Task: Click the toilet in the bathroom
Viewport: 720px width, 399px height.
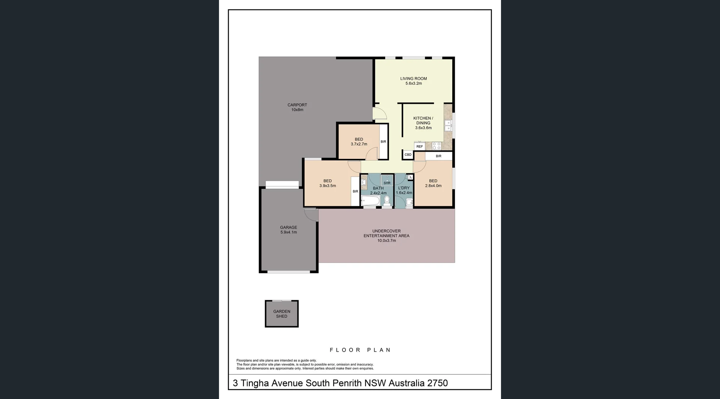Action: tap(387, 201)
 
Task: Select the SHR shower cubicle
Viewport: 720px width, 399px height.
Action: tap(387, 181)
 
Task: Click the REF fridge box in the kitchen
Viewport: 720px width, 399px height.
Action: tap(420, 146)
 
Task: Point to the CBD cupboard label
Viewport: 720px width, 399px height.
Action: tap(408, 155)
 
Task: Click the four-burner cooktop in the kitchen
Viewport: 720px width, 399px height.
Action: tap(436, 146)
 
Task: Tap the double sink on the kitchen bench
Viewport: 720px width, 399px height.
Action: tap(448, 126)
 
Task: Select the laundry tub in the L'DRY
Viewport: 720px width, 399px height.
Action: tap(409, 202)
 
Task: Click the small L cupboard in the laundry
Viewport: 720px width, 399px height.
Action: tap(411, 177)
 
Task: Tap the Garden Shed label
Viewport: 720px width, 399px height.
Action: tap(282, 314)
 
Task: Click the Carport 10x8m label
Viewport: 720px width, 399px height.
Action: tap(297, 107)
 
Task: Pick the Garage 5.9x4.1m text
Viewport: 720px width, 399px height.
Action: tap(288, 230)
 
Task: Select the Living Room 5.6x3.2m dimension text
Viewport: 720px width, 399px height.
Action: tap(413, 83)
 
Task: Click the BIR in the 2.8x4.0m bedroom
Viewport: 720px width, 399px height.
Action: tap(438, 156)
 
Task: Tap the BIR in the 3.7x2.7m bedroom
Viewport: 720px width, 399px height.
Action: tap(383, 142)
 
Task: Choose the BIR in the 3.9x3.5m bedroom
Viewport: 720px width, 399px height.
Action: tap(355, 191)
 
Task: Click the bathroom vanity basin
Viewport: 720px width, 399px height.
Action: tap(364, 182)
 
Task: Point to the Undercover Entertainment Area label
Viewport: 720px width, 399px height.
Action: tap(386, 235)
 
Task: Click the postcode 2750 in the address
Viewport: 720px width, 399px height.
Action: tap(437, 383)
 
